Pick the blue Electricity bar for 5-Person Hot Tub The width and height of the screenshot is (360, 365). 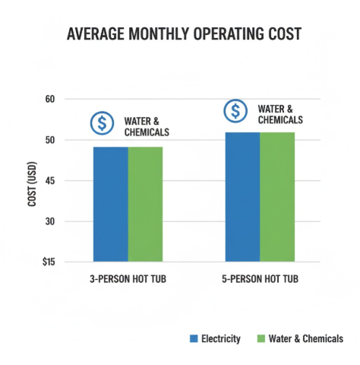click(x=242, y=196)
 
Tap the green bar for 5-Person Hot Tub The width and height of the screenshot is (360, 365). click(x=277, y=196)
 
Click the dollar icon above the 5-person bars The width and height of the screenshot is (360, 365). click(x=235, y=111)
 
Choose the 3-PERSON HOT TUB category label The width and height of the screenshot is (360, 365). click(x=128, y=280)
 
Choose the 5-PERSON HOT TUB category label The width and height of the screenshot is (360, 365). click(x=261, y=280)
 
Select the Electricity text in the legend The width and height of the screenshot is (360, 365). click(x=221, y=338)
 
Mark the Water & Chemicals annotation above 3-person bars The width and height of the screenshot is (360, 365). click(x=147, y=126)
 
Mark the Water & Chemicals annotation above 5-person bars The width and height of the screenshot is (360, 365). click(x=280, y=114)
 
